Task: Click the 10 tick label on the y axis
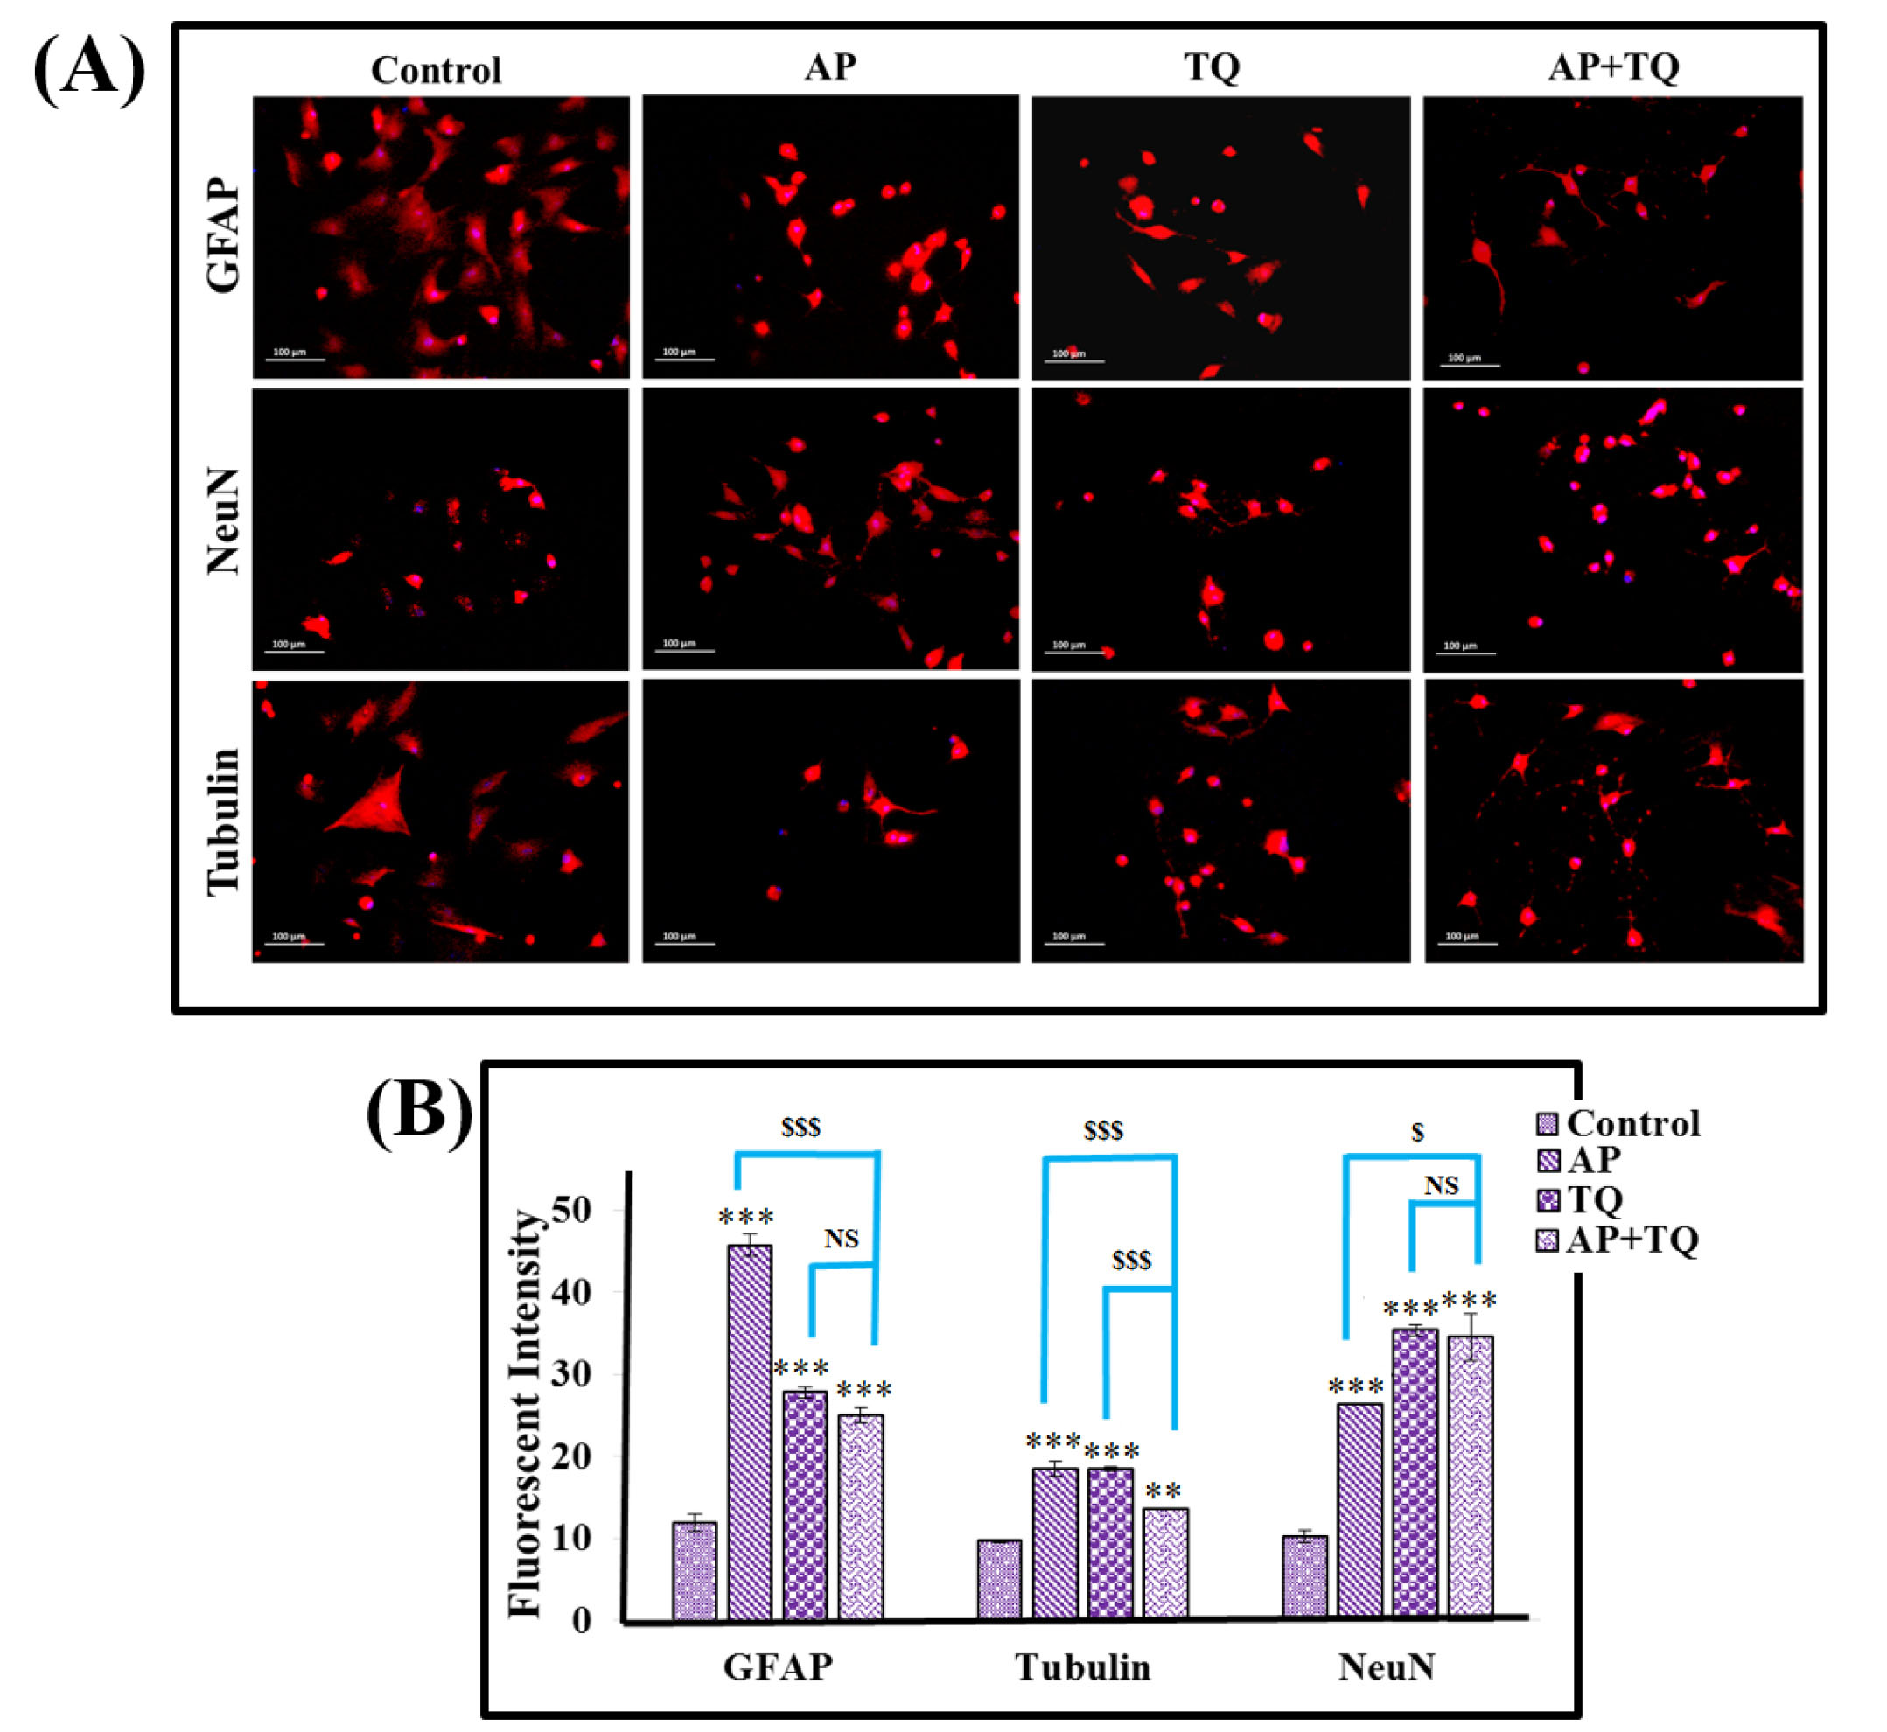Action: (x=573, y=1540)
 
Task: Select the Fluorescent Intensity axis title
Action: (x=526, y=1415)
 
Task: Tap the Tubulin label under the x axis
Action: (x=1083, y=1668)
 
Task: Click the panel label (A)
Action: (x=89, y=67)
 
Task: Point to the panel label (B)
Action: (x=419, y=1113)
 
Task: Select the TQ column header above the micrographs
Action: (x=1212, y=67)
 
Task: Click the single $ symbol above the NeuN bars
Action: (x=1417, y=1133)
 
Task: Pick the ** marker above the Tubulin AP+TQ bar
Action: (x=1164, y=1493)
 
